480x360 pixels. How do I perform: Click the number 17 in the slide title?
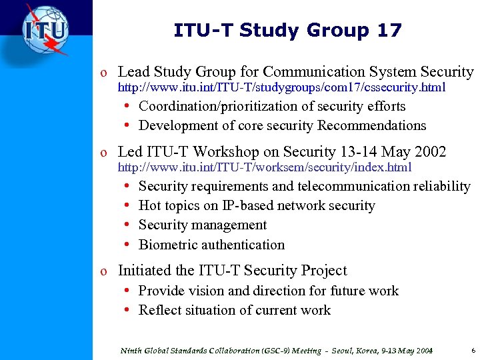pyautogui.click(x=389, y=31)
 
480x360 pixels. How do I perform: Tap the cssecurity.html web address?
pyautogui.click(x=282, y=88)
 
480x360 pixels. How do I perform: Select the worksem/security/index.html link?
pyautogui.click(x=265, y=167)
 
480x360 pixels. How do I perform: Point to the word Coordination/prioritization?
pyautogui.click(x=223, y=107)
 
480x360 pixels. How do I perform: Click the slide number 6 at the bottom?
pyautogui.click(x=473, y=349)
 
